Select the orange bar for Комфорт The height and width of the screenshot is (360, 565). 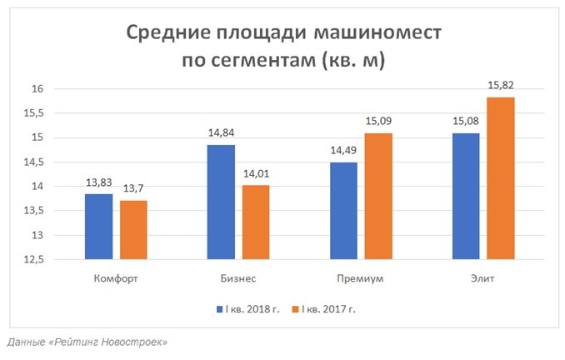pyautogui.click(x=133, y=229)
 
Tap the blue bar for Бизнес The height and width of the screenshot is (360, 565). pyautogui.click(x=221, y=202)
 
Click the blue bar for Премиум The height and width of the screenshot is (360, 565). pyautogui.click(x=343, y=210)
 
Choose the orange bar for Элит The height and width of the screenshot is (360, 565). pyautogui.click(x=501, y=177)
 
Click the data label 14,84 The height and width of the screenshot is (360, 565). pyautogui.click(x=221, y=134)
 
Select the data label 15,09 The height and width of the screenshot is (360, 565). pyautogui.click(x=378, y=122)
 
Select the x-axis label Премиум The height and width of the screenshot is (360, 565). pyautogui.click(x=361, y=278)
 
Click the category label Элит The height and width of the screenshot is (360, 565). pyautogui.click(x=482, y=278)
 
